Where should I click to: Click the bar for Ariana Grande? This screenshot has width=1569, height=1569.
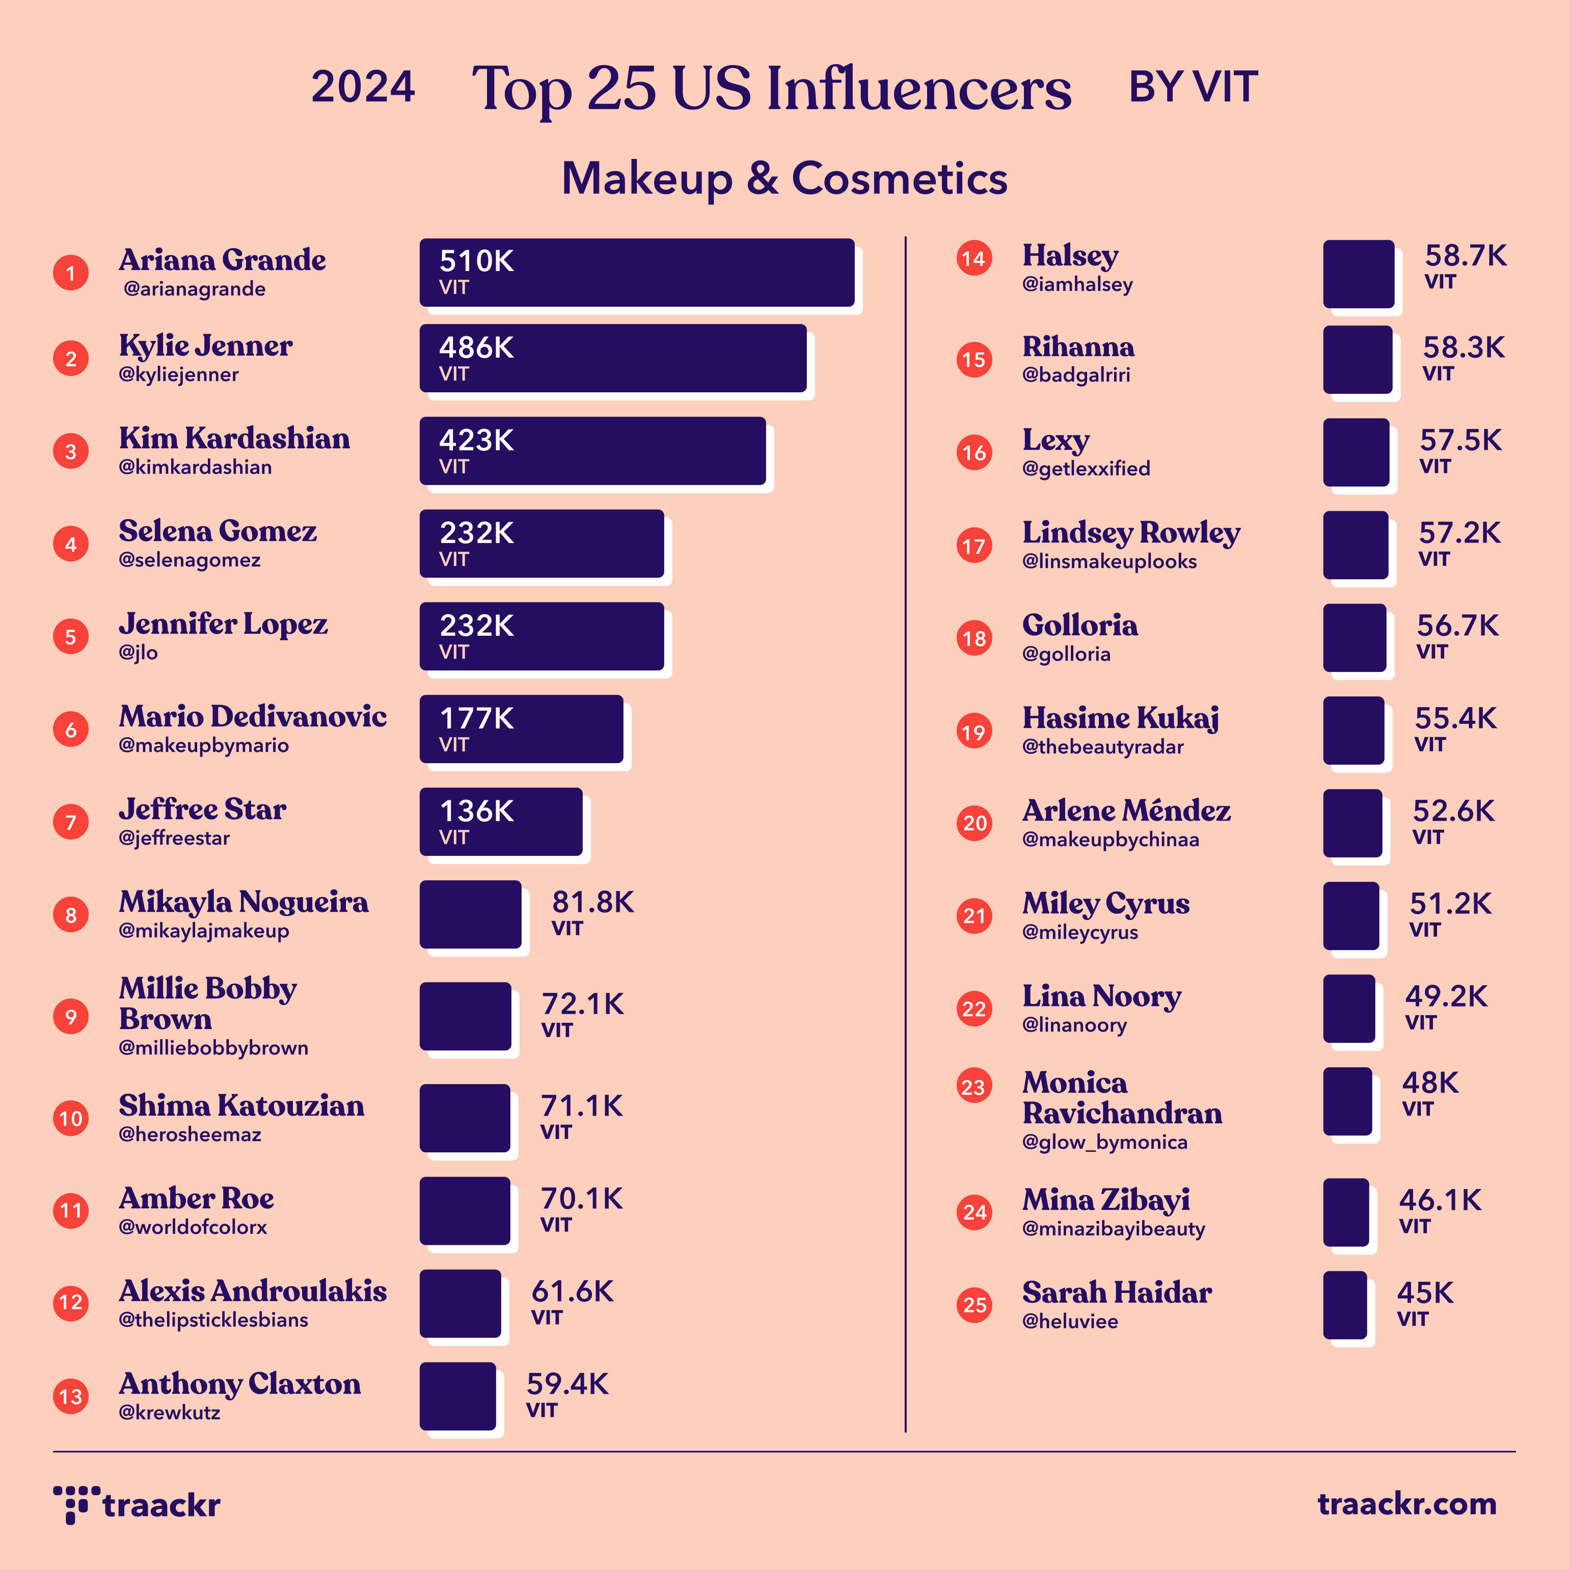click(x=637, y=273)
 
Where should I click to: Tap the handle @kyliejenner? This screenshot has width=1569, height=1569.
click(x=179, y=374)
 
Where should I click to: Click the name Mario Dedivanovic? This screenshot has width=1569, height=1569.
click(x=253, y=716)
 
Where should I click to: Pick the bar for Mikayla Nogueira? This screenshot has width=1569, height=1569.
click(x=470, y=914)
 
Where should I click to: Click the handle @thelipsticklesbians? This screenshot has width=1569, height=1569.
click(x=213, y=1320)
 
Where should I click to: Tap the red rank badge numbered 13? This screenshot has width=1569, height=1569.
click(x=71, y=1397)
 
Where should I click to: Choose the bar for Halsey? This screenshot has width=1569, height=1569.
click(x=1359, y=274)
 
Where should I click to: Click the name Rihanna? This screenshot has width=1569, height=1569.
click(x=1078, y=347)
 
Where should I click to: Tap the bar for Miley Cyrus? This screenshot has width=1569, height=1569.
click(x=1350, y=916)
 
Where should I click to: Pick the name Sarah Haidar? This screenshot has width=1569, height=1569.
click(x=1117, y=1292)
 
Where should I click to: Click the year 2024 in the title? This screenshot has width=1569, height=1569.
click(x=363, y=87)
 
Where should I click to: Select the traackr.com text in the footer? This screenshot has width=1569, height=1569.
click(x=1406, y=1503)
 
